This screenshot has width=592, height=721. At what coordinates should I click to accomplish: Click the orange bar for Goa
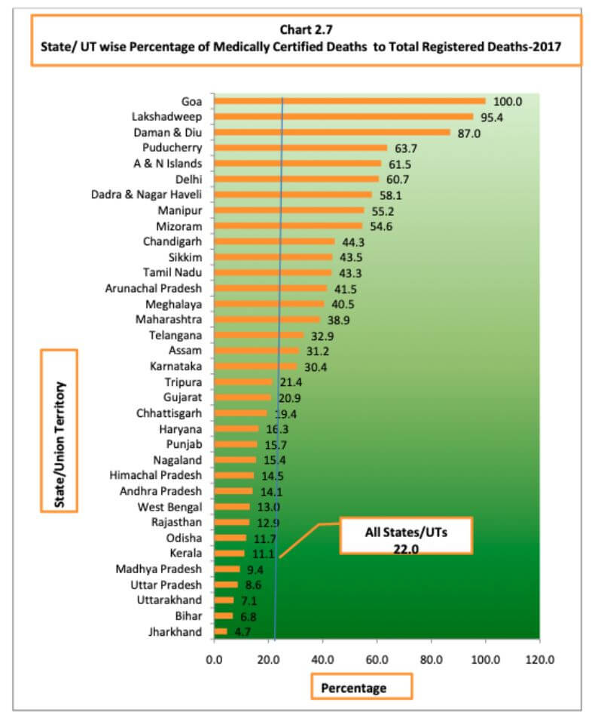pos(349,101)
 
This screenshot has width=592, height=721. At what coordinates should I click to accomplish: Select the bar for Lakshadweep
pos(343,117)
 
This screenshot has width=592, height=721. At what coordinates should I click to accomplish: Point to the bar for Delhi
pos(296,179)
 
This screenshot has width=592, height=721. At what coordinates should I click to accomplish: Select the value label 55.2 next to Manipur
pos(380,210)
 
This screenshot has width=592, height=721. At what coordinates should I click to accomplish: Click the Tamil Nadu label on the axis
pos(173,272)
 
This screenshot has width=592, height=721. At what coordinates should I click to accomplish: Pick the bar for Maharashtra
pos(267,319)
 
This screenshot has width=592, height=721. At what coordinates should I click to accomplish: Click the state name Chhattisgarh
pos(169,413)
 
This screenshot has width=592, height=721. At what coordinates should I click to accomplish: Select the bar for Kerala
pos(229,554)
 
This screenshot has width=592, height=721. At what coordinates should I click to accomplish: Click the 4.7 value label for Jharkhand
pos(243,632)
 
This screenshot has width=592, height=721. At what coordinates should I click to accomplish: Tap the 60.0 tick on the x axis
pos(377,658)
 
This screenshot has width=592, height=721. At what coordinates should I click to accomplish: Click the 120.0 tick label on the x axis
pos(539,658)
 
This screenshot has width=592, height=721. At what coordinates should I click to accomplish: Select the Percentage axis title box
pos(362,687)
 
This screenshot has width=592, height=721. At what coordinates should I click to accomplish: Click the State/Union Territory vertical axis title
pos(60,431)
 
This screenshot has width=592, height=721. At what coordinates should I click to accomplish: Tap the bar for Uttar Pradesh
pos(226,584)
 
